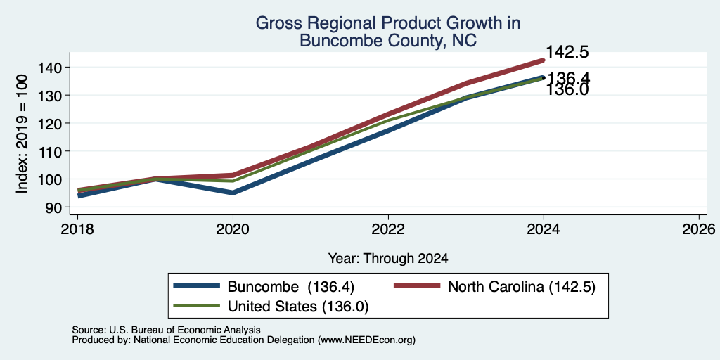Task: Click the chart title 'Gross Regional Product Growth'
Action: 388,23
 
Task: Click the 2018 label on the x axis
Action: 77,229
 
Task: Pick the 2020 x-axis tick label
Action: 233,229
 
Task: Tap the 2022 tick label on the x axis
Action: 388,229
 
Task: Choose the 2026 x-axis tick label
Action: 699,229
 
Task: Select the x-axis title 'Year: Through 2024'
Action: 388,259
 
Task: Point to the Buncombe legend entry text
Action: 291,287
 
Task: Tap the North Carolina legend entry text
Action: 522,287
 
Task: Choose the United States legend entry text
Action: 298,307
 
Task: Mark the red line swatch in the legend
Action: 417,287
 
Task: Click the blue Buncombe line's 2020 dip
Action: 233,193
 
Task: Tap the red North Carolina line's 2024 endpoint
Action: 544,60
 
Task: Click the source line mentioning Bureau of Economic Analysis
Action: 166,330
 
